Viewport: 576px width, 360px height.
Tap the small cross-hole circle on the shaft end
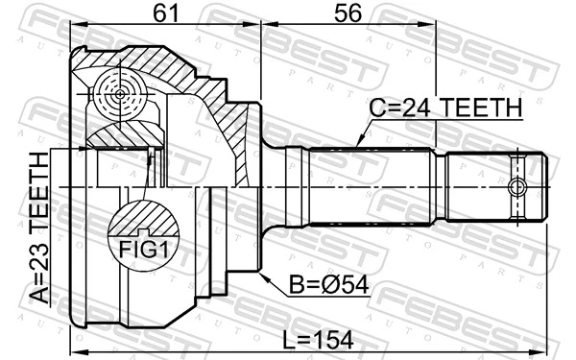click(518, 185)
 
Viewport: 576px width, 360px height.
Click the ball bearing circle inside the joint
click(120, 94)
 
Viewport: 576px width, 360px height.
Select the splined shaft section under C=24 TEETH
click(370, 185)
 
